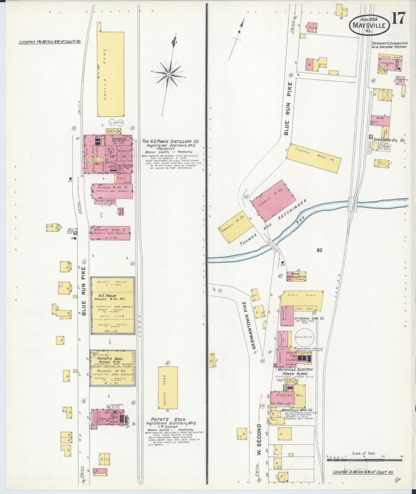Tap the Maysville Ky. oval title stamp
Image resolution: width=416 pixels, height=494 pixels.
pos(369,25)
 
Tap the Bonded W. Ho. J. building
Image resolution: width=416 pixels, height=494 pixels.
pos(110,233)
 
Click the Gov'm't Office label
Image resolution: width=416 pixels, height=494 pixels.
pos(105,201)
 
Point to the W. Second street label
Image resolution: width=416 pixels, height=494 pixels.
pos(259,439)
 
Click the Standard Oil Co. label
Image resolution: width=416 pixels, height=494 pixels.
pos(389,140)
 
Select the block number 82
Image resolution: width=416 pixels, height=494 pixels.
pos(319,250)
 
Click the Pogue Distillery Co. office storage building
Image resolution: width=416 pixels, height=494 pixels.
pos(296,276)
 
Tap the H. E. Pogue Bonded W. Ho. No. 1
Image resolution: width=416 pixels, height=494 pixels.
pos(113,306)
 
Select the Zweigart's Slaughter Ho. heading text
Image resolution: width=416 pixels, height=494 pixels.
pos(389,45)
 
